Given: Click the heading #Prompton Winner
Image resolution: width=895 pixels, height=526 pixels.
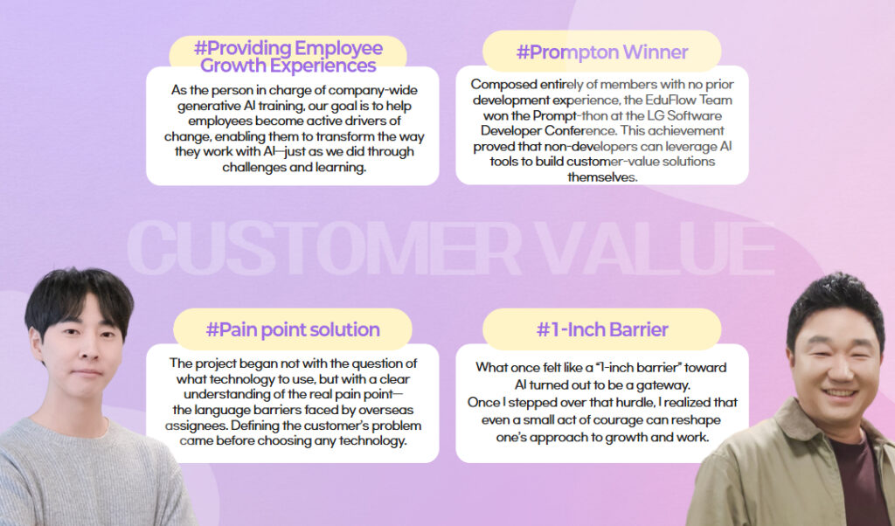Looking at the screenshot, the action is pyautogui.click(x=602, y=52).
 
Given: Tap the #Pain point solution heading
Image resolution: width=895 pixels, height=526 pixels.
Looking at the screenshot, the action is pyautogui.click(x=293, y=329).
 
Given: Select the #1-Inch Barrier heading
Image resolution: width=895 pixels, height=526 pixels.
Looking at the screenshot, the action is pyautogui.click(x=602, y=329).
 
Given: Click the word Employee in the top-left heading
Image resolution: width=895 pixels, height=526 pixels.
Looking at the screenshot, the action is pyautogui.click(x=339, y=47).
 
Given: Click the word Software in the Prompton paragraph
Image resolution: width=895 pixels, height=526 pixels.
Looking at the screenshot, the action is pyautogui.click(x=694, y=115).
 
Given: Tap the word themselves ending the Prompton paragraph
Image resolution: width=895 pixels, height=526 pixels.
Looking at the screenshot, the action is pyautogui.click(x=601, y=176).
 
